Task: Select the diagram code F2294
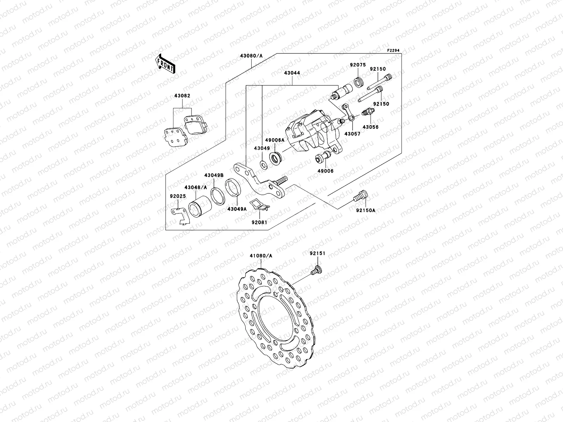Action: [x=394, y=51]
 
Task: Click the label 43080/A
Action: [x=251, y=56]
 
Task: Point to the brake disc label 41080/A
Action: [x=261, y=256]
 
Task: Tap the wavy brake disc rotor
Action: [x=276, y=324]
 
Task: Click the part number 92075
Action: [x=358, y=65]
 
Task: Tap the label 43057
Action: [x=353, y=134]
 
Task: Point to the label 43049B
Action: [x=214, y=175]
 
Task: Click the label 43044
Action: [x=292, y=73]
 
